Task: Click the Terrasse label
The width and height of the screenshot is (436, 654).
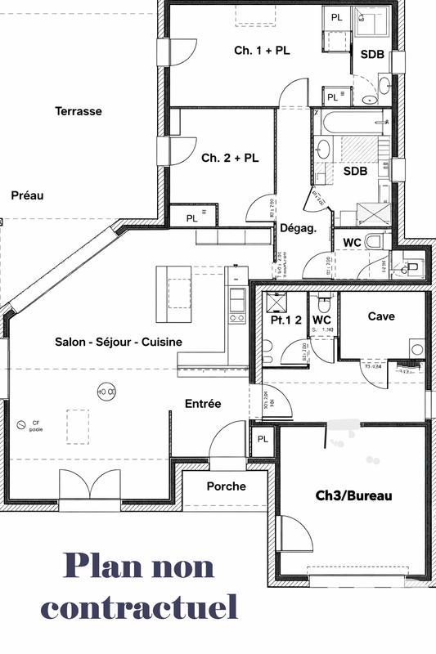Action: click(x=79, y=111)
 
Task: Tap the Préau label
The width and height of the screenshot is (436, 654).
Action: click(x=27, y=195)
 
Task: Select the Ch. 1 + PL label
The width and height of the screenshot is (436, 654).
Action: click(x=262, y=51)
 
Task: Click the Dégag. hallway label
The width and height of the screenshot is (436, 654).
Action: click(x=298, y=229)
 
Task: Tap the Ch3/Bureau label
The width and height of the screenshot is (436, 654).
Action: click(x=354, y=495)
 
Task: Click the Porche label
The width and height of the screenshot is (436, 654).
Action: click(x=226, y=486)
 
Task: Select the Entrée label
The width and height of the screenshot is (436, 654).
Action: click(x=203, y=403)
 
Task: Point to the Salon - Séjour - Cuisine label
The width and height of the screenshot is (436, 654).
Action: click(x=119, y=342)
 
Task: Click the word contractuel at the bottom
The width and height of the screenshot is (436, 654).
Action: click(x=140, y=607)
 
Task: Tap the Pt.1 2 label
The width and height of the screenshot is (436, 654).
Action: click(x=287, y=320)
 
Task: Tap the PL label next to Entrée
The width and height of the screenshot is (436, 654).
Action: click(x=263, y=439)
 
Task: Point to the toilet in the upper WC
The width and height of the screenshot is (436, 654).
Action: click(x=376, y=242)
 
